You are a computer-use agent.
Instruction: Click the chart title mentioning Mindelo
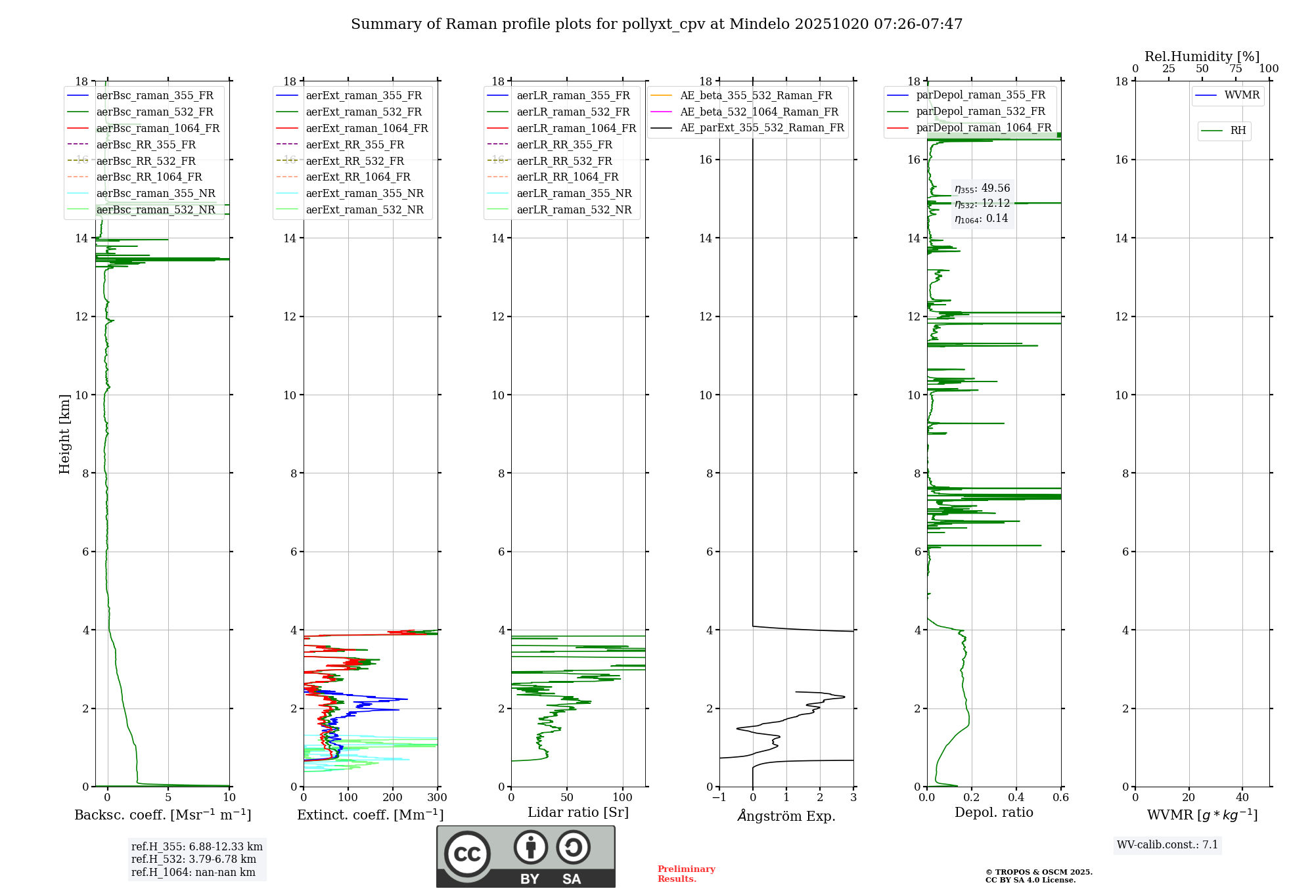coord(656,24)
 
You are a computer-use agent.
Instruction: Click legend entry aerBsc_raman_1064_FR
coord(158,128)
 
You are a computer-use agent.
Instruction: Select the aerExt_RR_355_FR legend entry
coord(355,144)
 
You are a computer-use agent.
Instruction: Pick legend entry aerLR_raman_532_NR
coord(574,209)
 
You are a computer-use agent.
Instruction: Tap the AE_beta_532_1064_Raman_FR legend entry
coord(759,112)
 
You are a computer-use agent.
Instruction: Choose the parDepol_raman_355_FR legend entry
coord(980,95)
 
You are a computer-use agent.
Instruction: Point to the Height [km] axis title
coord(64,433)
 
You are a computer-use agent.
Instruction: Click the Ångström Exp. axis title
coord(786,816)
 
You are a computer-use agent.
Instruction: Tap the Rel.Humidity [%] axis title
coord(1202,56)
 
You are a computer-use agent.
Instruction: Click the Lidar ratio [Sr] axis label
coord(578,812)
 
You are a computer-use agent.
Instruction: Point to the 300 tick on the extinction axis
coord(438,797)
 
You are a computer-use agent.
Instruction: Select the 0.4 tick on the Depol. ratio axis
coord(1016,797)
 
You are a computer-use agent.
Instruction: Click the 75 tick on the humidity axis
coord(1235,68)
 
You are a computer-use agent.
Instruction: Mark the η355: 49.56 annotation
coord(982,188)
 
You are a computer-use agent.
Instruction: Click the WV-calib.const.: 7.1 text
coord(1167,844)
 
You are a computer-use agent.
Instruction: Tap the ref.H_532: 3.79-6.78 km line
coord(194,859)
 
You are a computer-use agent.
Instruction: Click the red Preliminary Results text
coord(686,873)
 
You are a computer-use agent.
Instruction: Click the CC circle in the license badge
coord(467,854)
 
